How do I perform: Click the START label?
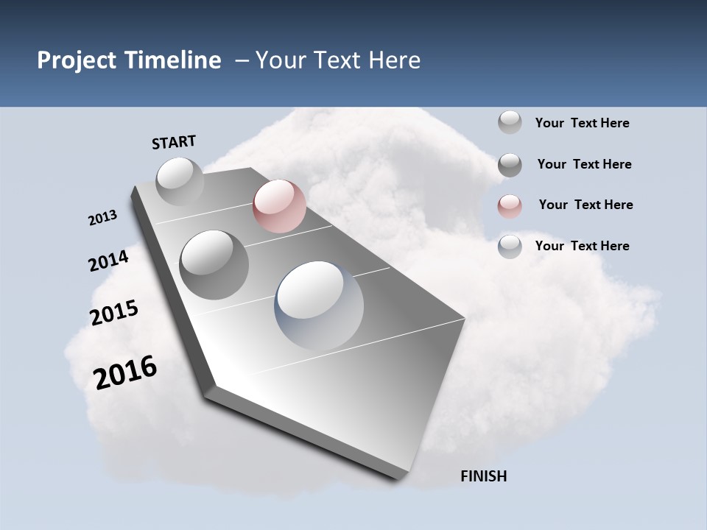[174, 142]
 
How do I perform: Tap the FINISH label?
[483, 476]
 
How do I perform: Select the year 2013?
[102, 218]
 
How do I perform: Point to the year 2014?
[109, 261]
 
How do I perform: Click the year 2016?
[125, 372]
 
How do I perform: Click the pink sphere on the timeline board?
[279, 206]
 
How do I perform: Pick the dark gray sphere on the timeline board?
[214, 264]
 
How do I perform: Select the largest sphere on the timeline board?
[319, 305]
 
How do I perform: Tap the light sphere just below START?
[180, 181]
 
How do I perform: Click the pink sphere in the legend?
[510, 206]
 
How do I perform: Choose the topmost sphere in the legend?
[510, 122]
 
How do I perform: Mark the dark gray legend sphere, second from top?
[510, 165]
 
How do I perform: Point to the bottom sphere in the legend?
[510, 247]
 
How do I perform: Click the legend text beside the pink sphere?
[585, 205]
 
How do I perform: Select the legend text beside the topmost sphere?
[582, 123]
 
